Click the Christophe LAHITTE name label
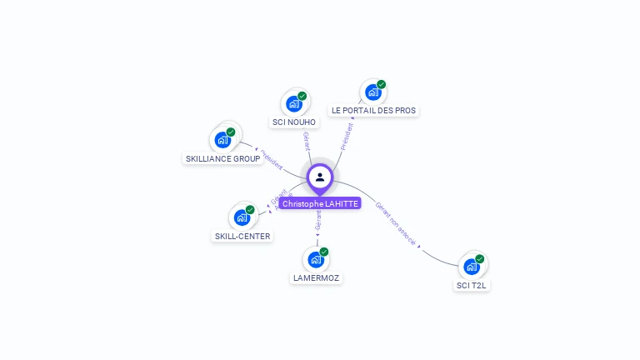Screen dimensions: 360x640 pyautogui.click(x=320, y=203)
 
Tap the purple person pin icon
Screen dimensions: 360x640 pyautogui.click(x=320, y=177)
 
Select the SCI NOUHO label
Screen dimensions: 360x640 pyautogui.click(x=294, y=122)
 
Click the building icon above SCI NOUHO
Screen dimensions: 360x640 pyautogui.click(x=293, y=103)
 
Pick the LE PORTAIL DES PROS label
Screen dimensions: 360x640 pyautogui.click(x=373, y=110)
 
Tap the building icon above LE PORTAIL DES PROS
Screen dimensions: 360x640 pyautogui.click(x=372, y=92)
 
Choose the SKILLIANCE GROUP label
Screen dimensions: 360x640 pyautogui.click(x=222, y=158)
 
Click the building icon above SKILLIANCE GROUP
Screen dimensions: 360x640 pyautogui.click(x=222, y=139)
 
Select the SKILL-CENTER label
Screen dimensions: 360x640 pyautogui.click(x=242, y=236)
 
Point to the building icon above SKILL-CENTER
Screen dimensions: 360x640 pyautogui.click(x=242, y=217)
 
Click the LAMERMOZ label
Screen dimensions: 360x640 pyautogui.click(x=317, y=277)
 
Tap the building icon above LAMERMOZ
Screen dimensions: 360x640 pyautogui.click(x=315, y=259)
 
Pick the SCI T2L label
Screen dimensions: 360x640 pyautogui.click(x=472, y=285)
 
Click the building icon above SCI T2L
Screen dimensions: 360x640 pyautogui.click(x=471, y=267)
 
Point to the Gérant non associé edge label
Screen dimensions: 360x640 pyautogui.click(x=395, y=222)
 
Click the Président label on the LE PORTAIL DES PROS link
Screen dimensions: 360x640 pyautogui.click(x=347, y=134)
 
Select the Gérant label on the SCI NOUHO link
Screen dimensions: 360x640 pyautogui.click(x=307, y=141)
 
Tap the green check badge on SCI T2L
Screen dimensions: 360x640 pyautogui.click(x=480, y=258)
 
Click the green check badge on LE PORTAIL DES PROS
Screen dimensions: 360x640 pyautogui.click(x=382, y=84)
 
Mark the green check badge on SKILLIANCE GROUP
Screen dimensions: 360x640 pyautogui.click(x=231, y=132)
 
